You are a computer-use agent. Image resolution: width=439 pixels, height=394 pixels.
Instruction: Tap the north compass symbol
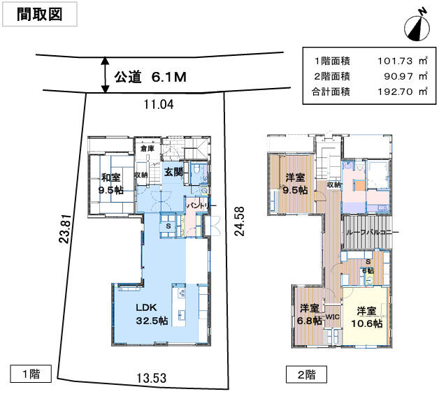point(417,26)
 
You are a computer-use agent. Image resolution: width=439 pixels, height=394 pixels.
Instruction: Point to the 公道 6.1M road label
point(150,77)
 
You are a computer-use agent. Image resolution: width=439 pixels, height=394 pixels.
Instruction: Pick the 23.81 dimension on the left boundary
point(64,228)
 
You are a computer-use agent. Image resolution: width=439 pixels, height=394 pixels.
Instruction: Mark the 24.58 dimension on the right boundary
point(239,221)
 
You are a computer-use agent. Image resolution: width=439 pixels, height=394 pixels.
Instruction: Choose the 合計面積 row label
point(330,92)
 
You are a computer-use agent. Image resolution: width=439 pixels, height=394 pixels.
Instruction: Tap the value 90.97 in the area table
point(394,76)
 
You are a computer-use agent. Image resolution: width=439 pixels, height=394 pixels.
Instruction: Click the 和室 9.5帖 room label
point(110,183)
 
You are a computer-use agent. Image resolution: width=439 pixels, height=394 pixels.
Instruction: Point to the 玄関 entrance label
point(173,171)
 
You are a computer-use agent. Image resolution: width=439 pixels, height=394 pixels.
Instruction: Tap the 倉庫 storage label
point(147,148)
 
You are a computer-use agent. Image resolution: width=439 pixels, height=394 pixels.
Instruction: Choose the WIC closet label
point(332,315)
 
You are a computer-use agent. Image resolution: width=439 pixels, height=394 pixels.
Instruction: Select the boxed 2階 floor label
point(305,374)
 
